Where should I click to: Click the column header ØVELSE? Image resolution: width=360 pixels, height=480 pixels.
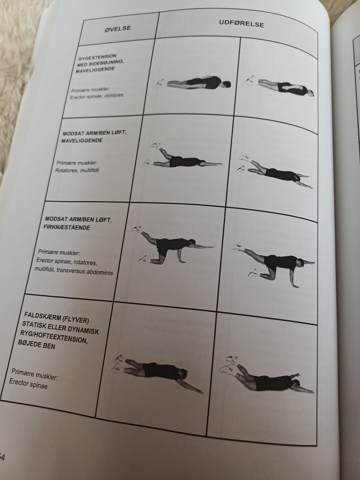coord(118,28)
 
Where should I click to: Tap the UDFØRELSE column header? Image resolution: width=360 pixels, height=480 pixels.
coord(241,24)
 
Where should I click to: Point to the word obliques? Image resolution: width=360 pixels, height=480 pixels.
coord(114,96)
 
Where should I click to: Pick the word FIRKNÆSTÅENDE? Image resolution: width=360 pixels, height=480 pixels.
coord(67,227)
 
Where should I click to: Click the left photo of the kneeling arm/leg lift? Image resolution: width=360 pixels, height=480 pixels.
coord(172,244)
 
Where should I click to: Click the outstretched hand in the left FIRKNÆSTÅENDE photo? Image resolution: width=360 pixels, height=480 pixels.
coord(210,247)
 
